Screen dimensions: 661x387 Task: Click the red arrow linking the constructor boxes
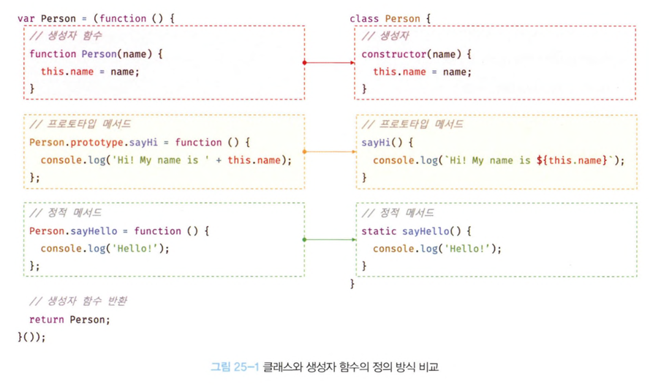click(329, 63)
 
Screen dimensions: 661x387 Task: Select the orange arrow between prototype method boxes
click(329, 151)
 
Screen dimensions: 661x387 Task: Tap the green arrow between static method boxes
click(329, 239)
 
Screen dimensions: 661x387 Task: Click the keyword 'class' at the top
click(364, 18)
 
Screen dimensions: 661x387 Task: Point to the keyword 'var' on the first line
click(26, 18)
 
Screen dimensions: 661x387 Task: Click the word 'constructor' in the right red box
click(393, 54)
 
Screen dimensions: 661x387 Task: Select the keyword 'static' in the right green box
click(379, 231)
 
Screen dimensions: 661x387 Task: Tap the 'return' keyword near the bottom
click(46, 320)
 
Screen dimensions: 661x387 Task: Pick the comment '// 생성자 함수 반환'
click(78, 301)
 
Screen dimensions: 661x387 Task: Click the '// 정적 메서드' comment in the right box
click(398, 213)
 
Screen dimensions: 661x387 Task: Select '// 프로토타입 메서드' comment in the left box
click(80, 124)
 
